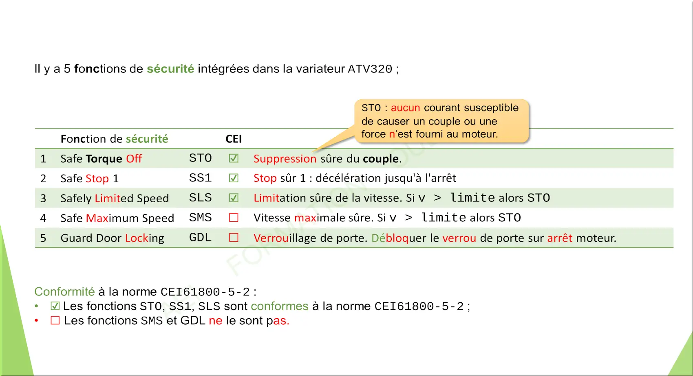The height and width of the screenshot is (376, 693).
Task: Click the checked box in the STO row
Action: point(234,158)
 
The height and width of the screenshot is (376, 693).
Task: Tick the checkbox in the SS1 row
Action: point(234,178)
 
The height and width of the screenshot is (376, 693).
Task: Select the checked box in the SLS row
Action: point(234,198)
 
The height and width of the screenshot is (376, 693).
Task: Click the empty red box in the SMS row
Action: point(234,218)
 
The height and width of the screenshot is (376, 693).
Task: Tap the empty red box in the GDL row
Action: point(234,237)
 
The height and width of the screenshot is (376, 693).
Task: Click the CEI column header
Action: point(234,139)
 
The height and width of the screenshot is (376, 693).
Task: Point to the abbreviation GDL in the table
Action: point(200,237)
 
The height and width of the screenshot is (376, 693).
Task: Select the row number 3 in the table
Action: point(43,198)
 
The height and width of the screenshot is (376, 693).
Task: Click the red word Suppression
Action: point(285,159)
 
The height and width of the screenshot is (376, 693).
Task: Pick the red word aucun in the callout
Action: point(405,108)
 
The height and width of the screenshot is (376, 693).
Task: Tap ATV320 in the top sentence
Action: point(370,69)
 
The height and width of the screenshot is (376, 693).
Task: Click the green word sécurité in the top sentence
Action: point(170,68)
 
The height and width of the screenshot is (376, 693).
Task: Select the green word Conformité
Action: point(64,291)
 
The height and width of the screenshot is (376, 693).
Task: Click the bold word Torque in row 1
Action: point(104,159)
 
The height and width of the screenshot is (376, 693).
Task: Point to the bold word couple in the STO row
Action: point(380,159)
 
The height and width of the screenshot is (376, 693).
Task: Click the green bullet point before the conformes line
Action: point(37,306)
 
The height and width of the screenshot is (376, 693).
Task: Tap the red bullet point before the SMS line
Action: point(37,320)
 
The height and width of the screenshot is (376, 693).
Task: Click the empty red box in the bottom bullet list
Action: point(55,320)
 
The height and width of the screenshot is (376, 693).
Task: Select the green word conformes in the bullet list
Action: point(280,306)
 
